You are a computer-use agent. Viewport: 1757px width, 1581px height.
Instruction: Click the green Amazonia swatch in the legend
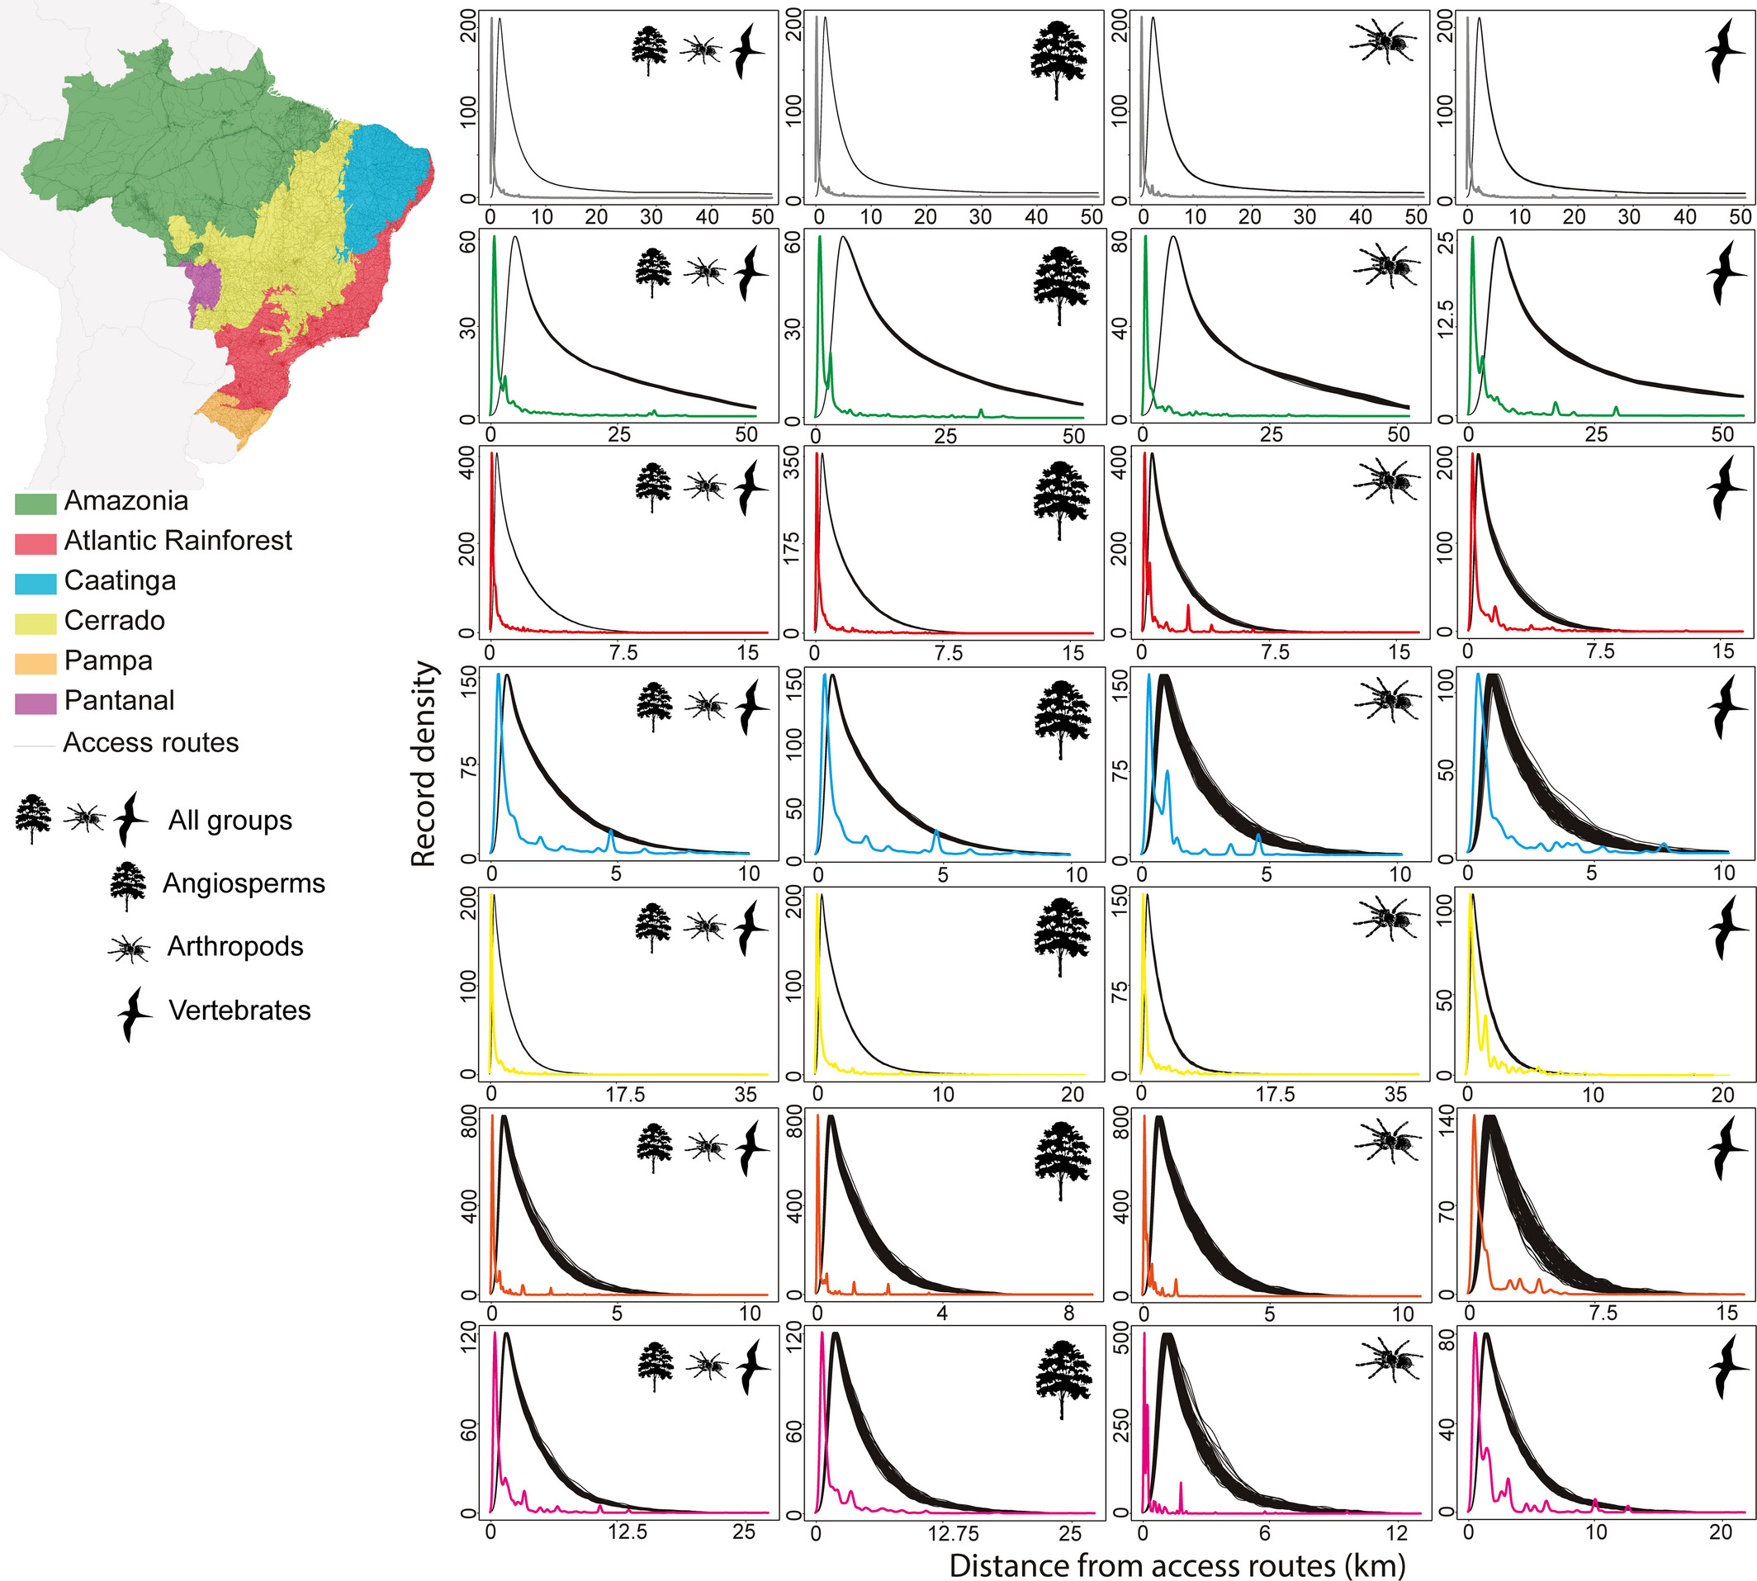tap(36, 503)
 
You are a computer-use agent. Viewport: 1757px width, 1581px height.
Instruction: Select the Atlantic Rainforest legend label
tap(178, 540)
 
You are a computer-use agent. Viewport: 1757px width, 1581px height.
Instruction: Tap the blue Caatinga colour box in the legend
tap(36, 583)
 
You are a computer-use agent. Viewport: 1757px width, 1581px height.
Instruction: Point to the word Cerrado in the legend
tap(114, 620)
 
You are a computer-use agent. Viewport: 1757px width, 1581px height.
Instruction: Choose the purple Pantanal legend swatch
tap(36, 702)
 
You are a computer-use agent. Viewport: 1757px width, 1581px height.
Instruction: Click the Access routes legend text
tap(150, 743)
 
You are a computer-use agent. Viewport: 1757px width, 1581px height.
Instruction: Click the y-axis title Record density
tap(424, 764)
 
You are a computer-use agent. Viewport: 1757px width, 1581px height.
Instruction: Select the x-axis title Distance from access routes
tap(1177, 1564)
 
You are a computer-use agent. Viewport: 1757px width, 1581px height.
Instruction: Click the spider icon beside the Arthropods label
tap(129, 949)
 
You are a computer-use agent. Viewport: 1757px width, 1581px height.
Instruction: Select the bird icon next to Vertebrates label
tap(134, 1013)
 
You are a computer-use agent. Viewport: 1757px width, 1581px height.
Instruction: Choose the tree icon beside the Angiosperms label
tap(128, 885)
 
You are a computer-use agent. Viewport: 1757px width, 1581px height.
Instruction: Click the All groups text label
tap(230, 820)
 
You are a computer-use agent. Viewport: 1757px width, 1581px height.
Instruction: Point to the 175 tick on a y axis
tap(793, 547)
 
